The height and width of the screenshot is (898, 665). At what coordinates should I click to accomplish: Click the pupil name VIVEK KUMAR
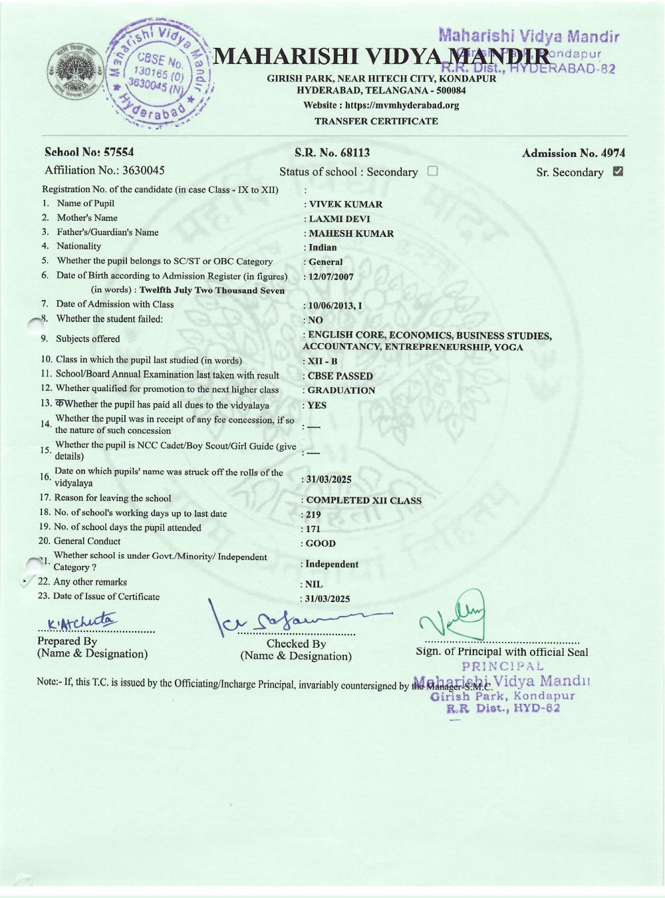click(x=345, y=204)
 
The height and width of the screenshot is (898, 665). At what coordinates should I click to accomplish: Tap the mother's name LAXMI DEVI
click(x=339, y=219)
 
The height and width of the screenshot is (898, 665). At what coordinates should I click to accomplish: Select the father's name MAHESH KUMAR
click(x=351, y=233)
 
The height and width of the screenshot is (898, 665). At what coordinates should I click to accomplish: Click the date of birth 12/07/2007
click(x=331, y=277)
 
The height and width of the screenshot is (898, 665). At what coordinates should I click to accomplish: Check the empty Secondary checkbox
click(x=433, y=171)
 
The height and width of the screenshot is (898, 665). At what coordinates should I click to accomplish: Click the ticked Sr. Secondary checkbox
click(x=618, y=172)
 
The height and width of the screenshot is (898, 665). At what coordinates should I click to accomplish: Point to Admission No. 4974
click(x=573, y=154)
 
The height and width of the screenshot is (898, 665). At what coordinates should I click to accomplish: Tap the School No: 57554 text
click(x=89, y=152)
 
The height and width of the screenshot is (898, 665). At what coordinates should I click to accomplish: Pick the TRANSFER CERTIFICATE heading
click(x=376, y=121)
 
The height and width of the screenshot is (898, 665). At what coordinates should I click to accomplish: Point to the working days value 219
click(x=313, y=515)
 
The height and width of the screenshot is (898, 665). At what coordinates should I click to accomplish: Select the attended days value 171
click(x=313, y=529)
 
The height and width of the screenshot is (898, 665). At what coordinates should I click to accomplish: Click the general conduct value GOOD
click(x=321, y=543)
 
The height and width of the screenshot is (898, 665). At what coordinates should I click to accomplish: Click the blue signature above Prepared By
click(x=80, y=621)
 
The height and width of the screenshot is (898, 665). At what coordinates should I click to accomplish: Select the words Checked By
click(x=296, y=644)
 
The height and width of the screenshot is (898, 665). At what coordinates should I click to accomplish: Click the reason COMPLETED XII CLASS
click(x=363, y=500)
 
